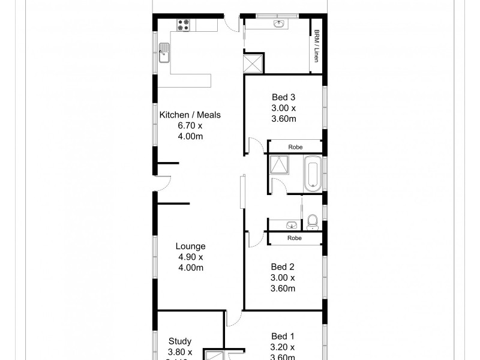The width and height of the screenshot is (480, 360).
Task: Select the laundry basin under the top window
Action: pos(278,24)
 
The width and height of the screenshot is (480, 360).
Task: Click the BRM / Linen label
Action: pos(316,47)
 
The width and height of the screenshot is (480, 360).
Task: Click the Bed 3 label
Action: pos(283,97)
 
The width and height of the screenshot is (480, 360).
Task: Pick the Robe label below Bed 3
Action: pos(295,147)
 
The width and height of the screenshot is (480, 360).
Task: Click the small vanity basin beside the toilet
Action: pos(291,225)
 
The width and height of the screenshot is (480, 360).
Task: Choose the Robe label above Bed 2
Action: pos(295,238)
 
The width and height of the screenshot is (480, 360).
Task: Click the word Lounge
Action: pos(190,246)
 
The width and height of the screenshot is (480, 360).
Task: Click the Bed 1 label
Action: pos(283,336)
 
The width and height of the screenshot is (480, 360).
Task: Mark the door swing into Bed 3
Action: pos(254,145)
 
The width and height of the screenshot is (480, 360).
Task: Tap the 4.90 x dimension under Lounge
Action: pos(190,257)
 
